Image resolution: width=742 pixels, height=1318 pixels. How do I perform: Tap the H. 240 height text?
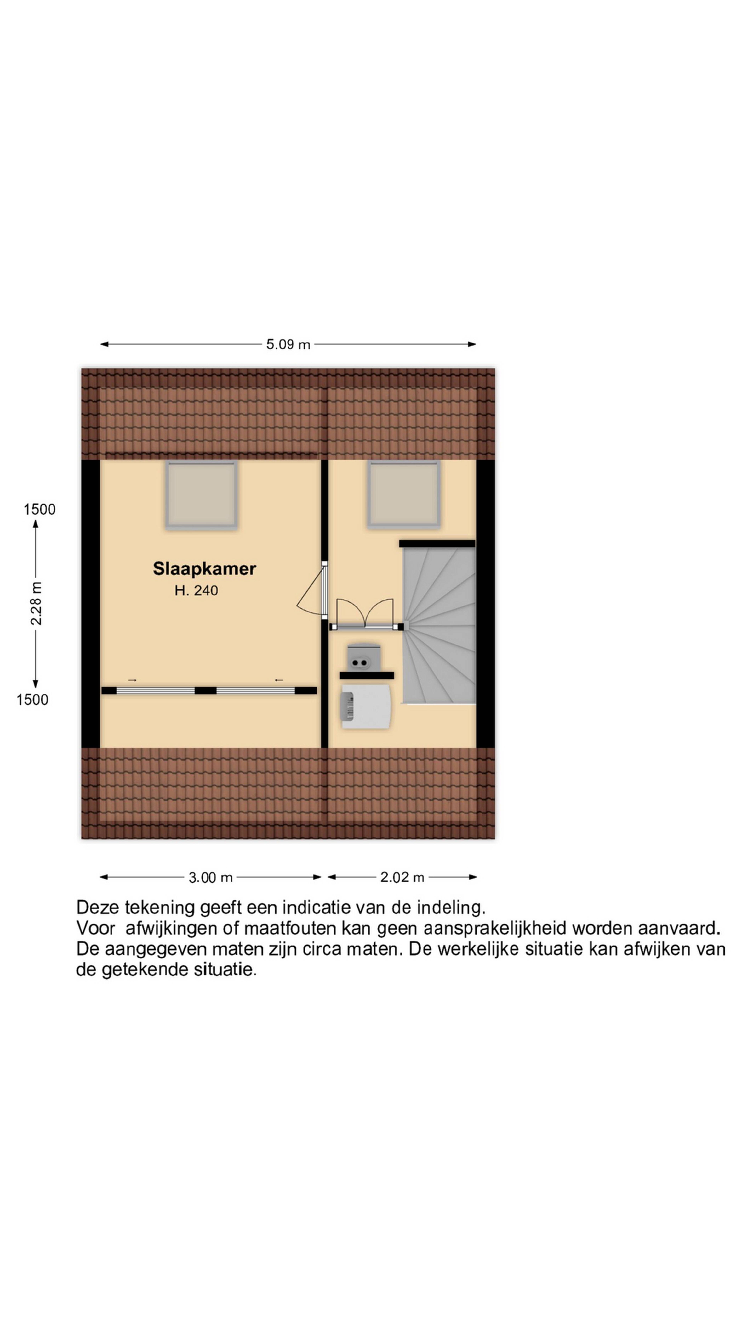(x=196, y=590)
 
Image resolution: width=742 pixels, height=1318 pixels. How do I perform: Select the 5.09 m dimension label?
(x=288, y=344)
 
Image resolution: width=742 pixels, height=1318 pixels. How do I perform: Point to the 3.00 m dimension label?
(x=210, y=877)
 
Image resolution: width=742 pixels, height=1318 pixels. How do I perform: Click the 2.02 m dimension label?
(x=402, y=877)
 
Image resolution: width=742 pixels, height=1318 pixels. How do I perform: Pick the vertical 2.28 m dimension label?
(x=36, y=603)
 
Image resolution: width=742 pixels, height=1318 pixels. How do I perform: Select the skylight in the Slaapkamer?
(x=201, y=494)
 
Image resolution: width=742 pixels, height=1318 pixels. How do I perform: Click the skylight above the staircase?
(x=403, y=494)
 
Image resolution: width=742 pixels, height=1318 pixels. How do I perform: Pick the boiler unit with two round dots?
(x=364, y=657)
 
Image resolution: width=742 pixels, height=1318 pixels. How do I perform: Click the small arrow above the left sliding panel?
(x=132, y=680)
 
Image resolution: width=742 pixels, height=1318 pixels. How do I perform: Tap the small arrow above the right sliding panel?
(x=279, y=680)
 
